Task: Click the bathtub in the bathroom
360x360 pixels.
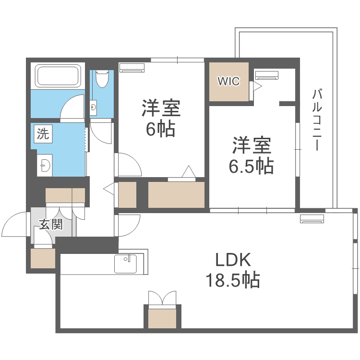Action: click(x=58, y=76)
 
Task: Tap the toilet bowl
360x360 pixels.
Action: click(x=102, y=78)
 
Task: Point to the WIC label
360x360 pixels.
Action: click(x=228, y=82)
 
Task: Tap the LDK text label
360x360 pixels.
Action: click(x=233, y=260)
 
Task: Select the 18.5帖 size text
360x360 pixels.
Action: click(x=233, y=279)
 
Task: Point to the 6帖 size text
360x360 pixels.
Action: click(x=160, y=129)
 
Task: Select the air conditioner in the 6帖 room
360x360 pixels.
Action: click(x=132, y=68)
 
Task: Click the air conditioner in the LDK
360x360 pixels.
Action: click(x=312, y=219)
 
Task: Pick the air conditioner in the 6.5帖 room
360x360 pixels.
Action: click(x=266, y=75)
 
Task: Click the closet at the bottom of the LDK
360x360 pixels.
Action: click(x=163, y=318)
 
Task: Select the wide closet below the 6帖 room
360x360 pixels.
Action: click(x=176, y=195)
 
